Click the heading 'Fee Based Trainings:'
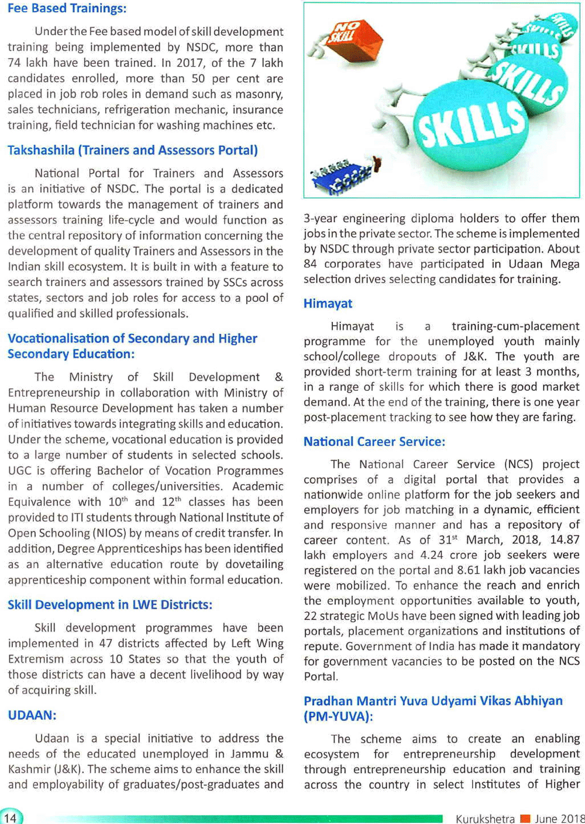pos(67,9)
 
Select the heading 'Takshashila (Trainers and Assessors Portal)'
pos(133,150)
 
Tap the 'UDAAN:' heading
pos(32,715)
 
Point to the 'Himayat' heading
pos(328,304)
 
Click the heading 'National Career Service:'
pos(374,442)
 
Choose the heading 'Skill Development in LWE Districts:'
pos(110,605)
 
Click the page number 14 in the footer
pos(11,818)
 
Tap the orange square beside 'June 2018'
pos(525,818)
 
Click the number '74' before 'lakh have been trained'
pos(16,63)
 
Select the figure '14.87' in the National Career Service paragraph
pos(565,540)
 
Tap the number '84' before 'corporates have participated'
pos(311,264)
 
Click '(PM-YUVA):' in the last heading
pos(338,716)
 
